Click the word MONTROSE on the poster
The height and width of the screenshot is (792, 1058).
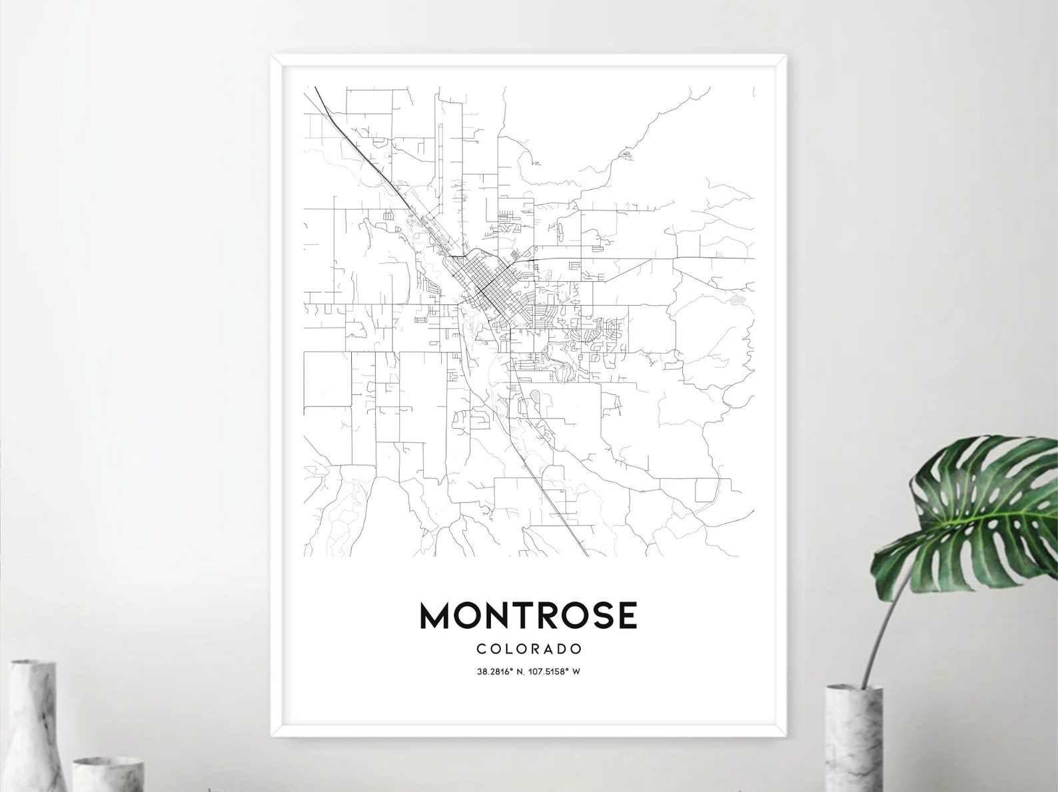[528, 615]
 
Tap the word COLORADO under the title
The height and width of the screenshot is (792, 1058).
[529, 649]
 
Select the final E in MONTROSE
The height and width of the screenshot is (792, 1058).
[627, 615]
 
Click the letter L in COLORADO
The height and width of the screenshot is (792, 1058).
[510, 649]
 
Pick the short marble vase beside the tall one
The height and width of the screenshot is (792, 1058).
[107, 773]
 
